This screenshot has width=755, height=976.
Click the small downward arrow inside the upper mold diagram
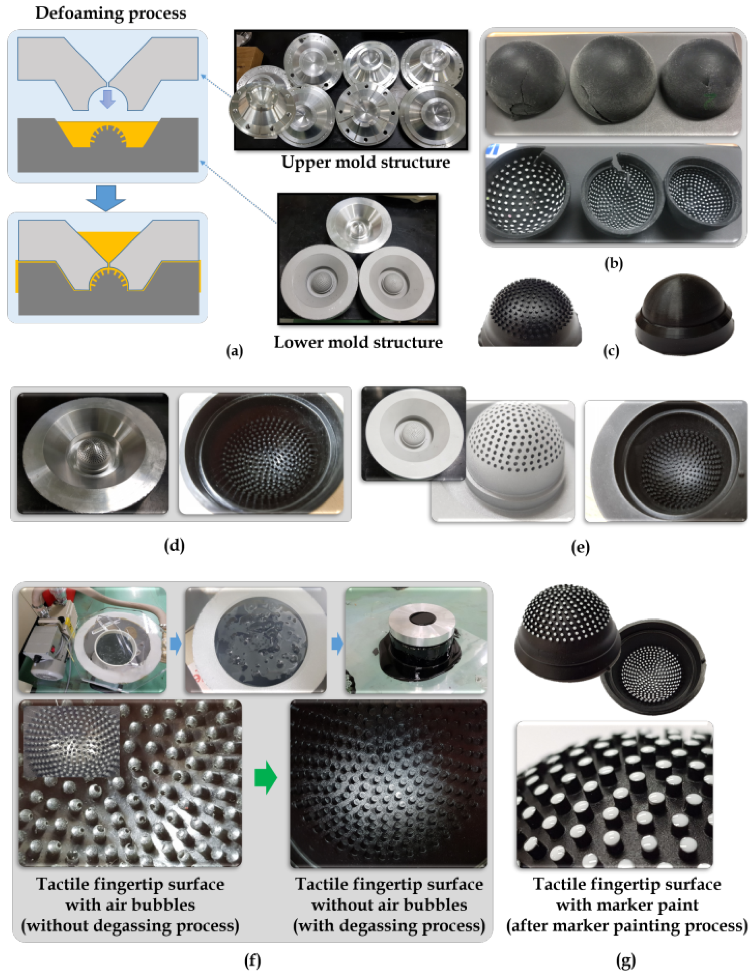pyautogui.click(x=107, y=99)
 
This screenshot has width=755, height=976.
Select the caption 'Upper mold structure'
pyautogui.click(x=365, y=162)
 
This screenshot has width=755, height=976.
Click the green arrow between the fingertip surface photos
pyautogui.click(x=266, y=778)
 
